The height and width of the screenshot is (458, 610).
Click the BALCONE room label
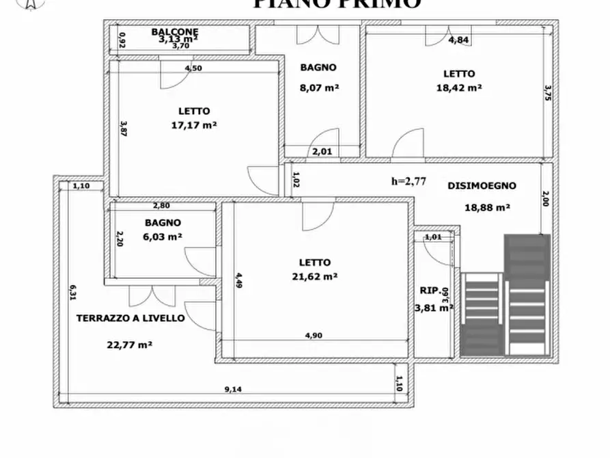[x=176, y=31]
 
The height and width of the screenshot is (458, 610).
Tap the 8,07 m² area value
[x=319, y=87]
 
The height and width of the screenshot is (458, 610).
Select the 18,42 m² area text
[x=459, y=87]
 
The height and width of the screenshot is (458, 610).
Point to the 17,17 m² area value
[x=194, y=125]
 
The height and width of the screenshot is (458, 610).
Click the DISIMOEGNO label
[x=482, y=185]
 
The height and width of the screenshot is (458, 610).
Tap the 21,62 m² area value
[x=314, y=276]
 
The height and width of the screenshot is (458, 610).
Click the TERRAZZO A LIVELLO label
[x=130, y=318]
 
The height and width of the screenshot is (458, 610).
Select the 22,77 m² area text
[x=130, y=345]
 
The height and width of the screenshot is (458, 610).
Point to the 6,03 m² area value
[x=163, y=237]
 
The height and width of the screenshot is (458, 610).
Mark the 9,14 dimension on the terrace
[x=234, y=390]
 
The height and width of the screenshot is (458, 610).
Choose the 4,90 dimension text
[x=313, y=335]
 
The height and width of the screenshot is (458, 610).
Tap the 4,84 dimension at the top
[x=458, y=40]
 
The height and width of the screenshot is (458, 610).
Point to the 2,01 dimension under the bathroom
[x=322, y=152]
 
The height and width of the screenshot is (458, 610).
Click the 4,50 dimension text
[x=194, y=68]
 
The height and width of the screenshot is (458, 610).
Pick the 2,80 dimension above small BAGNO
[x=161, y=206]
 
